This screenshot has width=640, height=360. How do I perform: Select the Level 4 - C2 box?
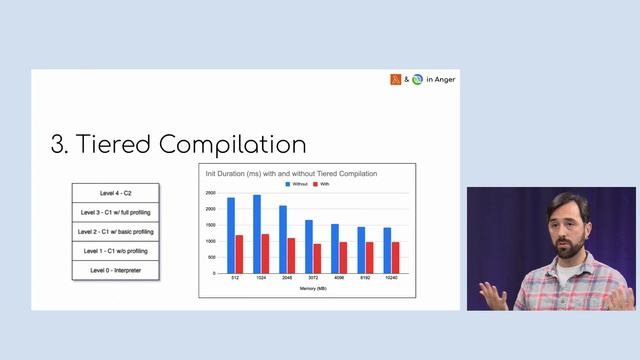(115, 192)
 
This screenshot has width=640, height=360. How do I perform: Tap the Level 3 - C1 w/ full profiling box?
(115, 212)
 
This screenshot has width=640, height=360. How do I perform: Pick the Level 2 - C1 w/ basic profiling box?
(115, 231)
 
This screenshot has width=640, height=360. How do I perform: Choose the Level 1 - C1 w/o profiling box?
(115, 250)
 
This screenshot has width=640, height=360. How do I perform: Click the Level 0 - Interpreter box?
(115, 270)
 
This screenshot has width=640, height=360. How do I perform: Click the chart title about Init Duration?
(292, 174)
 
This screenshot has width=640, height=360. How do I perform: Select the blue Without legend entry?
(300, 185)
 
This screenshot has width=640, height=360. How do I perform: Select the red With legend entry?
(322, 185)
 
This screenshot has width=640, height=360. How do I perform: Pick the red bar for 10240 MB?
(396, 257)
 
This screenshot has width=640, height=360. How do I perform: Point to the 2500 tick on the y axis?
(210, 192)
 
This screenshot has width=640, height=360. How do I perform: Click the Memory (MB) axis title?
(313, 287)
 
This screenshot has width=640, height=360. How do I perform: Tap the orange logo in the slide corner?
(396, 79)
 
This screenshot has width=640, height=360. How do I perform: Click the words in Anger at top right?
(440, 79)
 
